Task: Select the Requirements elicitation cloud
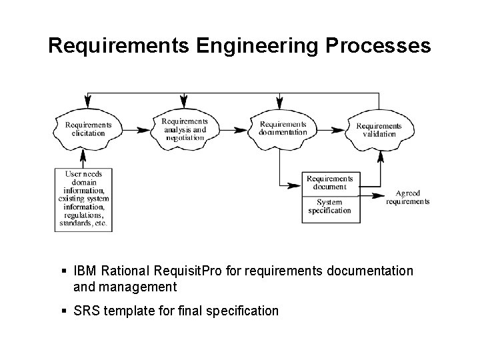[x=88, y=129]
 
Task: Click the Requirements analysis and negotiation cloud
[x=185, y=129]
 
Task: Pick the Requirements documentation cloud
[x=283, y=128]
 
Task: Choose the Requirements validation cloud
[x=379, y=129]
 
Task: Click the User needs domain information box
[x=84, y=199]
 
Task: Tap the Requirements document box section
[x=329, y=183]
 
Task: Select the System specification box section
[x=329, y=207]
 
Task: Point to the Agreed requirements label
[x=408, y=197]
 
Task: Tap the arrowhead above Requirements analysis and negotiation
[x=183, y=102]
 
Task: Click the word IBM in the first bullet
[x=84, y=271]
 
